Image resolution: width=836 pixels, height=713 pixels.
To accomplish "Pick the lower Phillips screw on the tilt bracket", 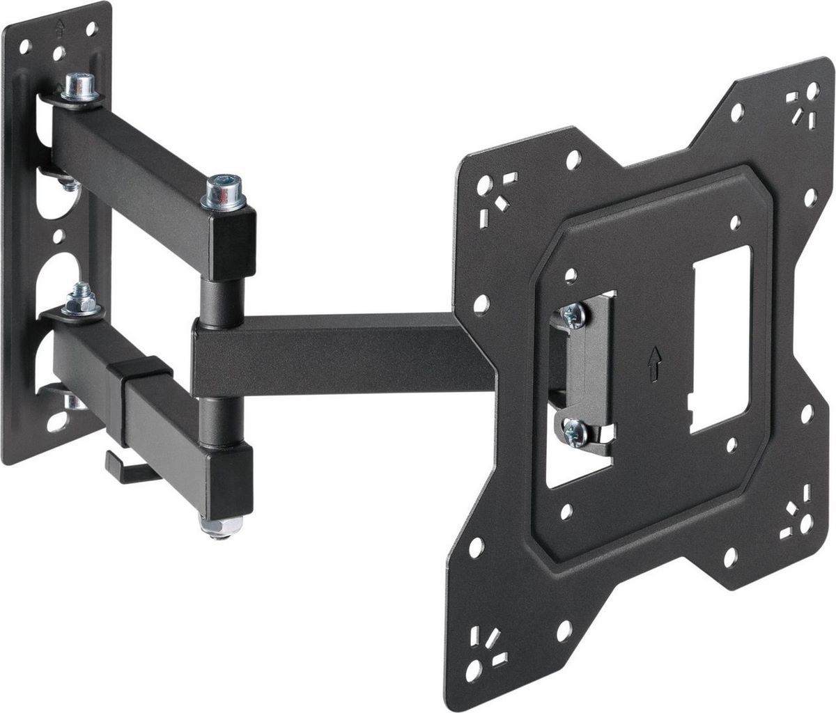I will point(573,432).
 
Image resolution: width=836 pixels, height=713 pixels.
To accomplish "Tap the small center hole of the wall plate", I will point(58,237).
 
